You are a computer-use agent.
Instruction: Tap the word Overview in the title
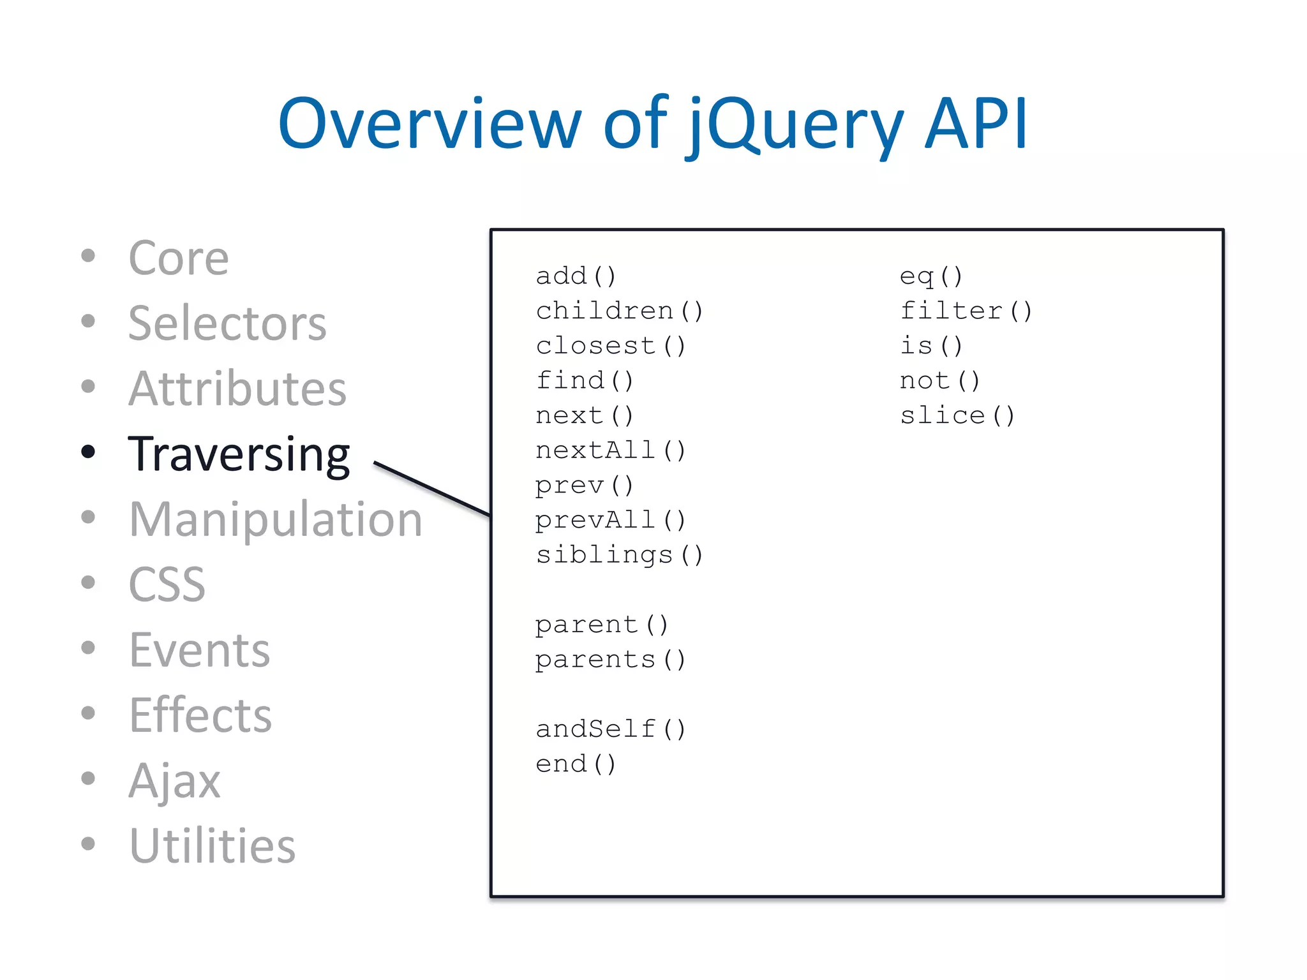pyautogui.click(x=429, y=124)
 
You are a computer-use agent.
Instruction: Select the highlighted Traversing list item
pyautogui.click(x=239, y=454)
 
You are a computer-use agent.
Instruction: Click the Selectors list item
pyautogui.click(x=227, y=323)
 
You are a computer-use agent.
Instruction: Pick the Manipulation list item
pyautogui.click(x=276, y=520)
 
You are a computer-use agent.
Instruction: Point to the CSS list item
pyautogui.click(x=167, y=585)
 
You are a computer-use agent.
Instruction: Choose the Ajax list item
pyautogui.click(x=174, y=781)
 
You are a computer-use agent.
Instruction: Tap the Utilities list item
pyautogui.click(x=213, y=846)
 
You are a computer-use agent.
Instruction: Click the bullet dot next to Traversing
pyautogui.click(x=88, y=452)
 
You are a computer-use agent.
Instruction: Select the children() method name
pyautogui.click(x=619, y=311)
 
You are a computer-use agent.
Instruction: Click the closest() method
pyautogui.click(x=611, y=346)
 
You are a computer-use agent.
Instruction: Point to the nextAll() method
pyautogui.click(x=611, y=451)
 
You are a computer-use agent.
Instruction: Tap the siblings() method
pyautogui.click(x=619, y=555)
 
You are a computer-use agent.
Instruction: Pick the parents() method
pyautogui.click(x=610, y=660)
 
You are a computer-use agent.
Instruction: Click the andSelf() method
pyautogui.click(x=611, y=729)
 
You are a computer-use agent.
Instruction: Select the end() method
pyautogui.click(x=576, y=764)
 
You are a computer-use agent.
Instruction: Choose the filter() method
pyautogui.click(x=966, y=311)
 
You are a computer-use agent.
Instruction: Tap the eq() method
pyautogui.click(x=931, y=277)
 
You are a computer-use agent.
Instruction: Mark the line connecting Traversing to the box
pyautogui.click(x=432, y=489)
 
